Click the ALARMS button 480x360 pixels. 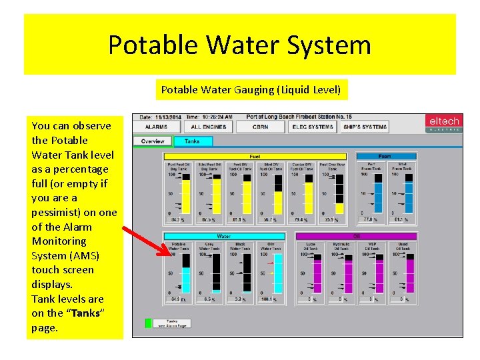pos(157,126)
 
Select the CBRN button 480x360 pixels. pos(261,126)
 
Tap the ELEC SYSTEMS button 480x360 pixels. pos(312,126)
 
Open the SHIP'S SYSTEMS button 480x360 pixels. pos(365,126)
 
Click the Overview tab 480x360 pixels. pos(153,141)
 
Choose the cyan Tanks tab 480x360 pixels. pos(192,141)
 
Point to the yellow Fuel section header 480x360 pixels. pos(255,157)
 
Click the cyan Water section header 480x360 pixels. pos(224,236)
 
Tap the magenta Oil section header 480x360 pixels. pos(356,236)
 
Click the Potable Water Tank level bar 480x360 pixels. pos(186,273)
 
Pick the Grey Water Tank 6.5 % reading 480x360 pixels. pos(209,299)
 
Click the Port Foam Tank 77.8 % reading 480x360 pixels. pos(370,219)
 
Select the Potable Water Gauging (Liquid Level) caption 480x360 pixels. pos(251,89)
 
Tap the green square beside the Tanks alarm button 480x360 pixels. pos(149,323)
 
